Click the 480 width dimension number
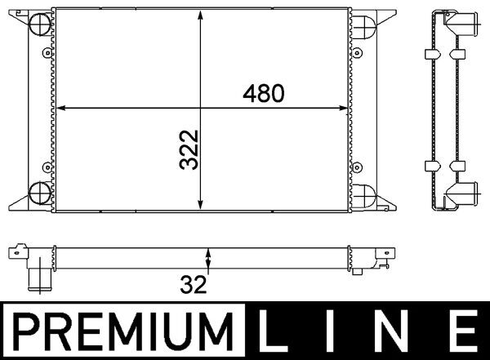point(262,94)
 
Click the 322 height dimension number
point(189,149)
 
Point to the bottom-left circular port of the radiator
point(38,193)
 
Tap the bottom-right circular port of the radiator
point(363,194)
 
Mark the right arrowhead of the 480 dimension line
point(346,107)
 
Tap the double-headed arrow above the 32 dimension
point(209,260)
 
